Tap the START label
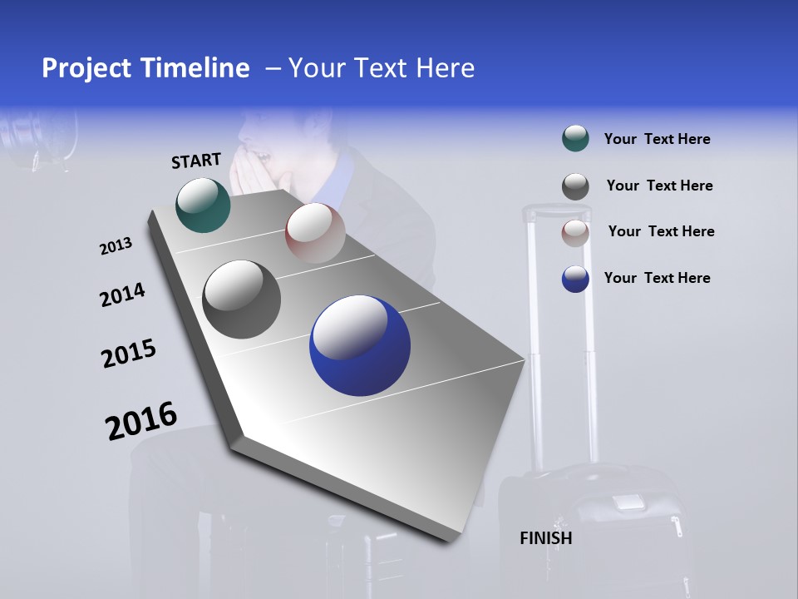pos(196,161)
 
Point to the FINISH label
pos(546,538)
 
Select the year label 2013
pos(116,246)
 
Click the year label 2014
pos(122,295)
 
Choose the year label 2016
pos(141,421)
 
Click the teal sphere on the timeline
pos(203,205)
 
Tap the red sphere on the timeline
pos(315,232)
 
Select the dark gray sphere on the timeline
pos(241,299)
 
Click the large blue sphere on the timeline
pos(360,346)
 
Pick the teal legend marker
pos(575,139)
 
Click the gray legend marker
pos(575,186)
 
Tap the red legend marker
pos(575,233)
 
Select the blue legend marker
pos(575,279)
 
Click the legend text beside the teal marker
pos(657,140)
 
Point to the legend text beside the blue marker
pos(657,278)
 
